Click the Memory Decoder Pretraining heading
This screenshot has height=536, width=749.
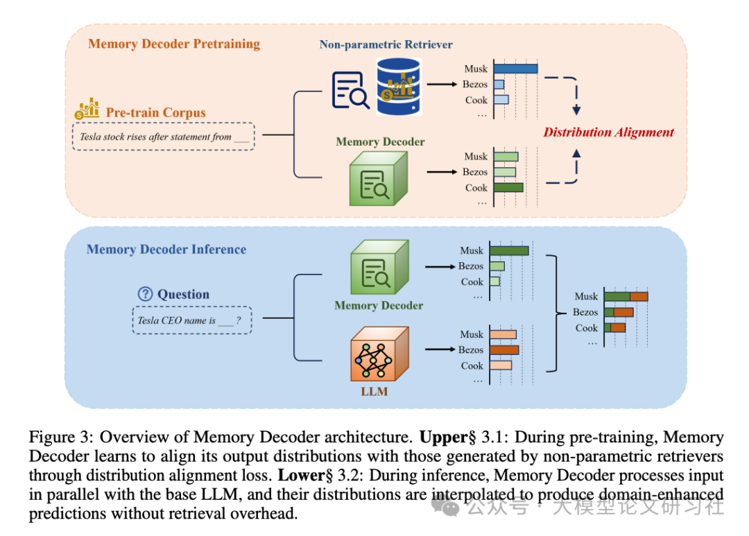click(x=174, y=44)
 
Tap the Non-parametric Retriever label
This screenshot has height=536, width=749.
click(x=386, y=44)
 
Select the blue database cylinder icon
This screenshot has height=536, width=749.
click(x=399, y=86)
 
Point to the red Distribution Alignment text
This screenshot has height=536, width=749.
click(x=608, y=132)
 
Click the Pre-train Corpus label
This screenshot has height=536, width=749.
click(x=155, y=112)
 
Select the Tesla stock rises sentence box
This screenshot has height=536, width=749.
click(x=164, y=137)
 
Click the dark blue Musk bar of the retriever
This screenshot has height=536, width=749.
click(x=515, y=69)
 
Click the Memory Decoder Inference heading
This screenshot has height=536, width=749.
click(x=166, y=249)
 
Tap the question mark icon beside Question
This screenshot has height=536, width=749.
click(x=145, y=294)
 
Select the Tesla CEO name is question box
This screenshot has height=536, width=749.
click(x=191, y=320)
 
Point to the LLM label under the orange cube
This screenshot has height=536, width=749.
click(x=374, y=391)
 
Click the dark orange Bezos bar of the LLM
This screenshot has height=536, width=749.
click(x=504, y=349)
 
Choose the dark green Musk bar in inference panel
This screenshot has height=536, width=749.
click(x=509, y=251)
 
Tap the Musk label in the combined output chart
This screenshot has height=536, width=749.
click(x=586, y=296)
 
